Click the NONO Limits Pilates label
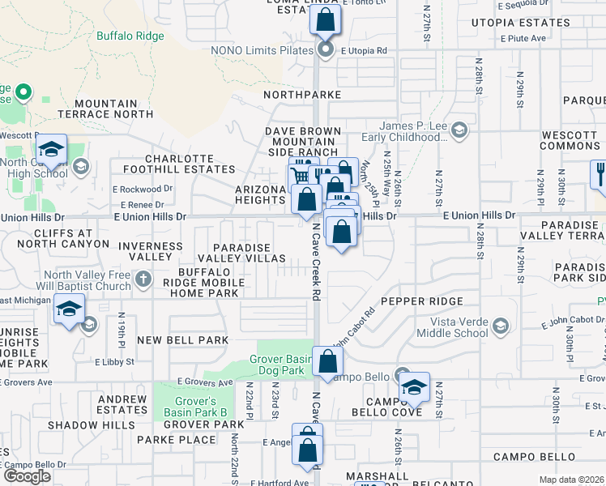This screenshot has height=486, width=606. coord(262,50)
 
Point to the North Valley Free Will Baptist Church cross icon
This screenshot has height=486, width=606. coord(143,280)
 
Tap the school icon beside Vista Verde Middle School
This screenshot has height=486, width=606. coord(501,326)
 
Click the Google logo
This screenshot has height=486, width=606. coord(28,475)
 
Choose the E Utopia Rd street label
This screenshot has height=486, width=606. coord(364,50)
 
